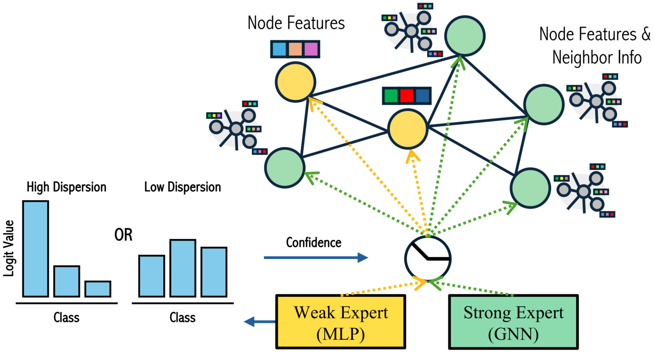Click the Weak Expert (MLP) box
(x=340, y=322)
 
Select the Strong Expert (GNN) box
(x=513, y=322)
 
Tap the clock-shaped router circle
(x=428, y=258)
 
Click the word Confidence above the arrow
(x=314, y=243)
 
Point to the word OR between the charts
(x=123, y=235)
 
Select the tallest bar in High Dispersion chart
(x=36, y=249)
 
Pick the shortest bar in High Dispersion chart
(x=98, y=289)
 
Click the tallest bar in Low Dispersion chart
(x=183, y=268)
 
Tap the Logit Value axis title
(x=9, y=248)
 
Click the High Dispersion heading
(x=66, y=187)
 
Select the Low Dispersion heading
(x=183, y=187)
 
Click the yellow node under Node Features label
(x=296, y=82)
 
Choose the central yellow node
(x=408, y=129)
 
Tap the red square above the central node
(x=406, y=95)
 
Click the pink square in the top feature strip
(x=311, y=49)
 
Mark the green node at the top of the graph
(x=465, y=36)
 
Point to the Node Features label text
(x=296, y=23)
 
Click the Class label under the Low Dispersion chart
(x=183, y=318)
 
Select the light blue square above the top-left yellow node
(x=279, y=49)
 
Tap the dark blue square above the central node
(x=423, y=95)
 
